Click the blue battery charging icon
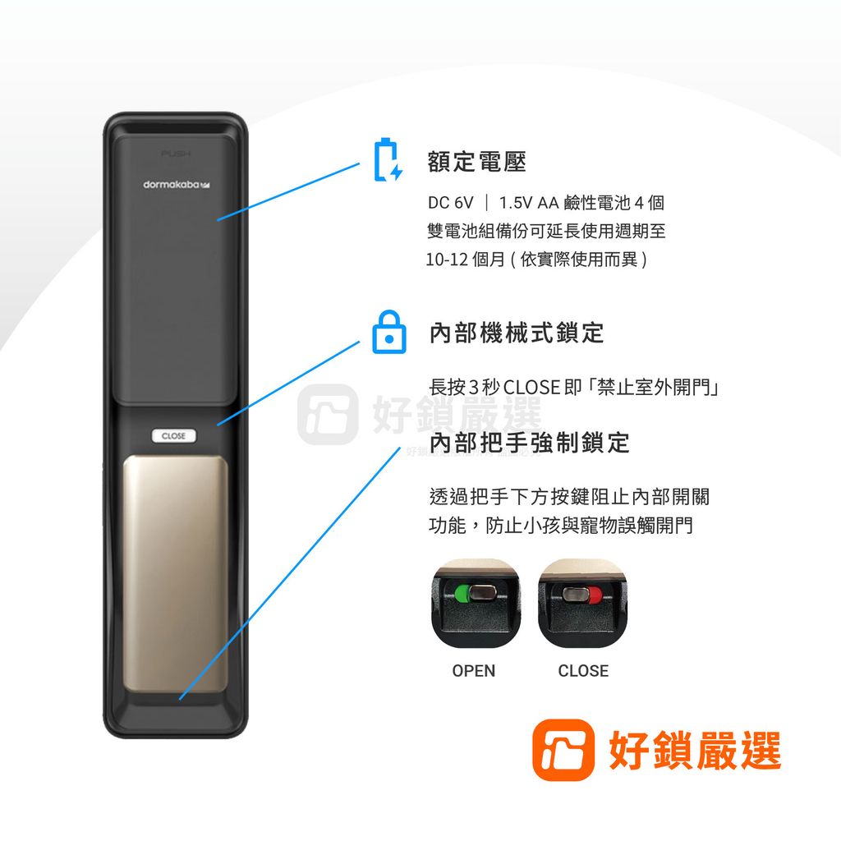(388, 161)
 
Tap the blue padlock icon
(388, 333)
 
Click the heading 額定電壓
(477, 162)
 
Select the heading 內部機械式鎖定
(517, 333)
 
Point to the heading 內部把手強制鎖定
(530, 443)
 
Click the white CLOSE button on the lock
(173, 435)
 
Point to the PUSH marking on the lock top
(175, 154)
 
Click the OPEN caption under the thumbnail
(474, 671)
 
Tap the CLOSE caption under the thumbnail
(583, 671)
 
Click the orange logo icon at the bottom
(563, 749)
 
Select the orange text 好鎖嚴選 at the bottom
(695, 749)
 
